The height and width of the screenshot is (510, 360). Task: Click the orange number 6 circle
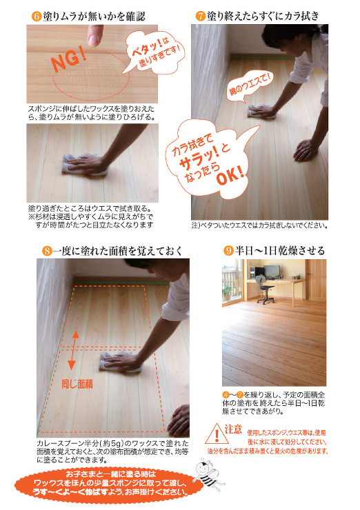point(37,17)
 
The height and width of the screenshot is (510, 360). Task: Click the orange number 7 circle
point(201,17)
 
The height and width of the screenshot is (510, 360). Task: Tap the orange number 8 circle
point(47,251)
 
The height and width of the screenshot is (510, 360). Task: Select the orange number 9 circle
point(229,251)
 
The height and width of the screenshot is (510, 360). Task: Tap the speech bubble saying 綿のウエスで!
point(250,87)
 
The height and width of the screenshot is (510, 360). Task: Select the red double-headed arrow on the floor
point(75,350)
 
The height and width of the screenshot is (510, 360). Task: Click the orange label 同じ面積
point(77,384)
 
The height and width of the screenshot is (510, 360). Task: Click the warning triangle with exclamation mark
point(217,435)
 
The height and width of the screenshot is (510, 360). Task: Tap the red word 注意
point(233,429)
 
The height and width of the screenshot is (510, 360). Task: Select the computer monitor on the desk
point(272,272)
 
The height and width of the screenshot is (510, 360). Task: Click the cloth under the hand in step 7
point(261,111)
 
